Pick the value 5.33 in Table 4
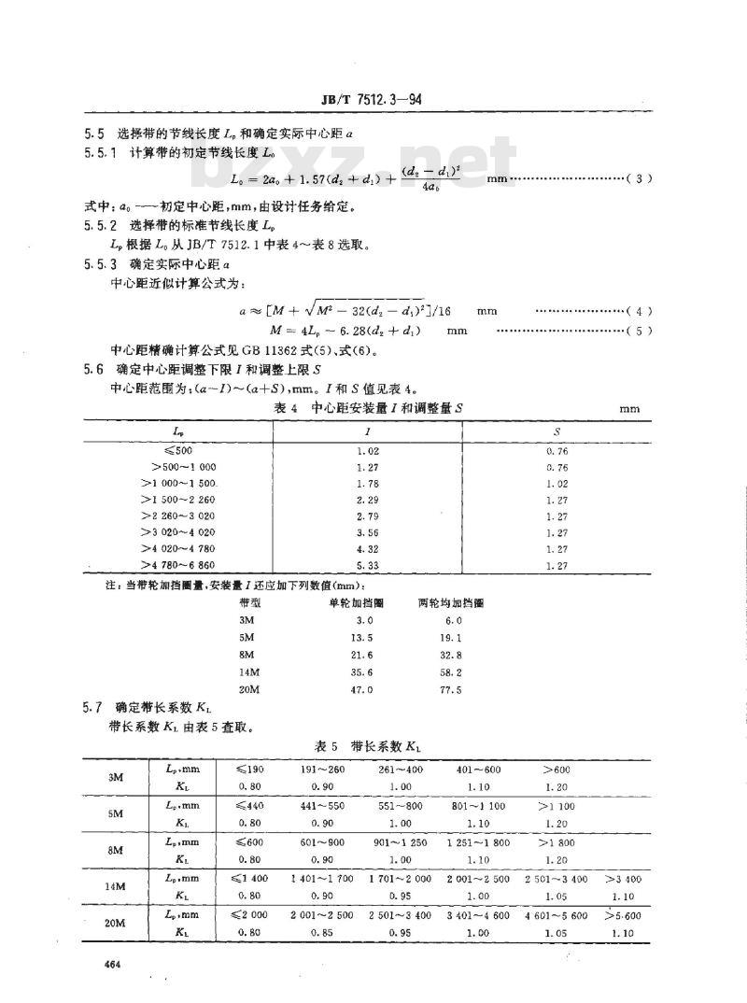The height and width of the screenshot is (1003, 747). coord(370,567)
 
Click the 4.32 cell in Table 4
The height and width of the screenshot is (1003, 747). coord(370,550)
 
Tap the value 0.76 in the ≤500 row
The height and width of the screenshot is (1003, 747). coord(557,450)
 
